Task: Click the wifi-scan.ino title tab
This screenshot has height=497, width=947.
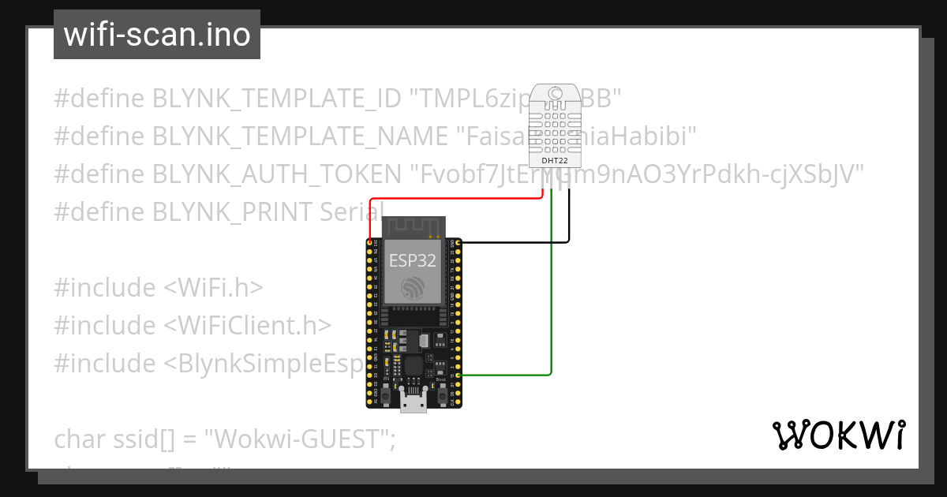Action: [x=156, y=35]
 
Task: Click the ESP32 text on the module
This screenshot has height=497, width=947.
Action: [x=412, y=261]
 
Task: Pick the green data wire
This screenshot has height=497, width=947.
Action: [x=550, y=316]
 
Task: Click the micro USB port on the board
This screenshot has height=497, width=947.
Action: [x=413, y=404]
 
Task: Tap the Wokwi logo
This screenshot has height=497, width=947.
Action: [x=838, y=435]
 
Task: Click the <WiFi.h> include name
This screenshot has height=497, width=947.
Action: [x=213, y=288]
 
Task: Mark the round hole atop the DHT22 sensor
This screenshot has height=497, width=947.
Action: [x=556, y=94]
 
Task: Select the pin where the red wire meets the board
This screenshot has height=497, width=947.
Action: [x=369, y=242]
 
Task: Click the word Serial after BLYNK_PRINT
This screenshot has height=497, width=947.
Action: [x=352, y=212]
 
